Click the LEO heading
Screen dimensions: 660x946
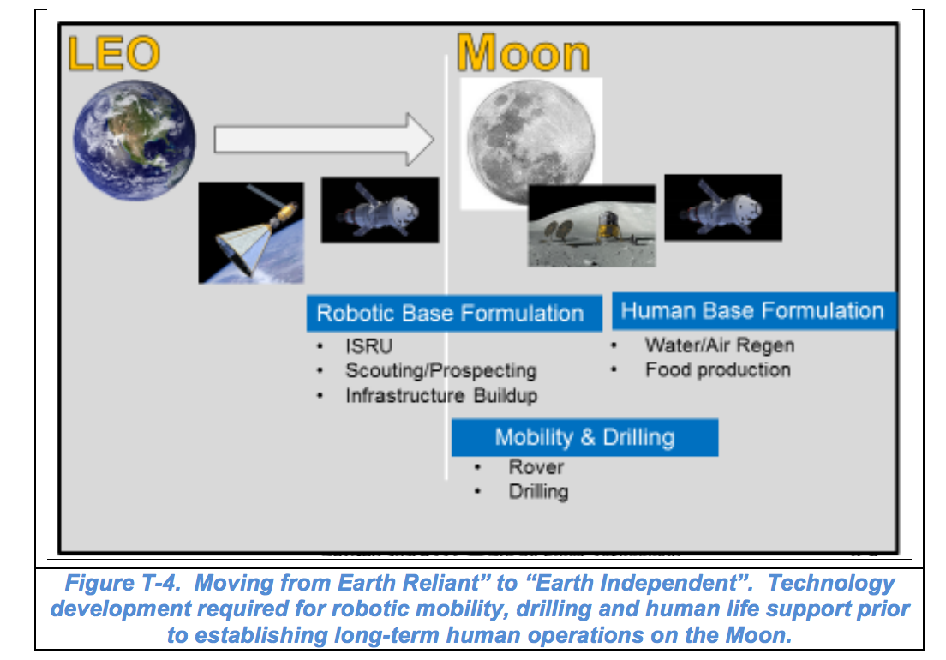113,54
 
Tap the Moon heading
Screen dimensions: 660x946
523,54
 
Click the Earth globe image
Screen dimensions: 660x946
134,141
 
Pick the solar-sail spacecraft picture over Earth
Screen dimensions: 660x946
250,232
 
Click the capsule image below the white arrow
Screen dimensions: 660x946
380,209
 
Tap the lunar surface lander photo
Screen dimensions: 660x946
591,225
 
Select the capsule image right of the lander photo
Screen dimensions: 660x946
723,207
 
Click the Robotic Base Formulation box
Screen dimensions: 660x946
450,313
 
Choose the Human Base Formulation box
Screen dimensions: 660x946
752,310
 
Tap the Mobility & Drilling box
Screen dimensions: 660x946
584,437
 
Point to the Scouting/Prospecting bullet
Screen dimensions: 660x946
440,371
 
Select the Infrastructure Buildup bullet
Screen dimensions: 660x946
441,396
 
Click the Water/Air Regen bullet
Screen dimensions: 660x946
719,345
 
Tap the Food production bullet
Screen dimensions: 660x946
717,370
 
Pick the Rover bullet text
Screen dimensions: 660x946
536,467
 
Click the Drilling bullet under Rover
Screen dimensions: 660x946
538,492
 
